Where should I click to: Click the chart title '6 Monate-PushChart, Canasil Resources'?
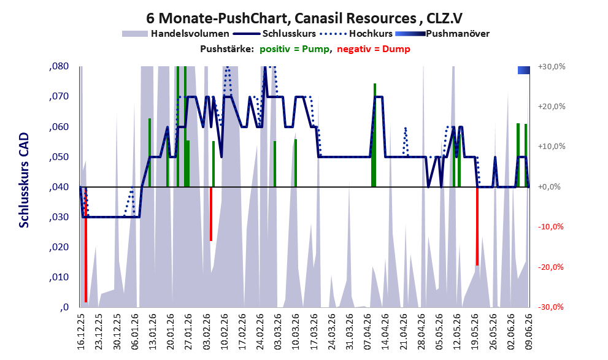[281, 18]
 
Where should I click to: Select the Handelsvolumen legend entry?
[175, 34]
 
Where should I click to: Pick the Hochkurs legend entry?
[356, 34]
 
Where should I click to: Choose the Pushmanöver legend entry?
[442, 34]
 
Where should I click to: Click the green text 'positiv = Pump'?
[294, 49]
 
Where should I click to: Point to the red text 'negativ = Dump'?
[374, 49]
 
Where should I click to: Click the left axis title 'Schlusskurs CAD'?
[24, 180]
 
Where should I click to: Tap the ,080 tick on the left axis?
[59, 66]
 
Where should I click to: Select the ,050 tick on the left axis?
[59, 157]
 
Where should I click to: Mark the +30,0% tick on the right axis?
[552, 67]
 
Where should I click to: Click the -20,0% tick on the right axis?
[551, 267]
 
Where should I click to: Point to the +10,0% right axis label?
[552, 147]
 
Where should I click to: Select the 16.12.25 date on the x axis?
[80, 332]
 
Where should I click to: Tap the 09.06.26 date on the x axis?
[528, 332]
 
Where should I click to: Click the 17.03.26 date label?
[314, 332]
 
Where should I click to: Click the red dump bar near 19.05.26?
[477, 226]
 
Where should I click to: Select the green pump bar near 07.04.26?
[374, 136]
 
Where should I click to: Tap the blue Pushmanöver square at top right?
[524, 70]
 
